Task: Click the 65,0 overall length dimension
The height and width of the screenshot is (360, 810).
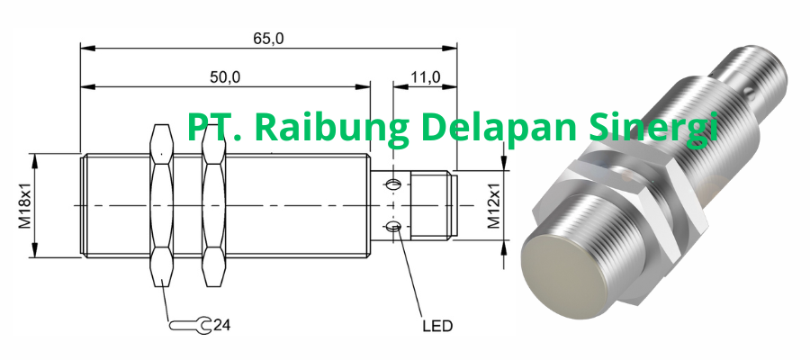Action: [267, 38]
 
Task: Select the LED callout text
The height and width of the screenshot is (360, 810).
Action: [436, 325]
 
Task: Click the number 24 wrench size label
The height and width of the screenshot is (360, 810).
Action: [221, 323]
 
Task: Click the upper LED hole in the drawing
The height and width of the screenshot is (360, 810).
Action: [393, 185]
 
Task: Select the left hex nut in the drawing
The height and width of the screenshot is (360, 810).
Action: [161, 205]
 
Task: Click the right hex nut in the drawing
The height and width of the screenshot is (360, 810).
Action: [212, 205]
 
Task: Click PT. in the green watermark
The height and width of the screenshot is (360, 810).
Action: [210, 128]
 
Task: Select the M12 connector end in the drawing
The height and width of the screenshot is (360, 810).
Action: [432, 205]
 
